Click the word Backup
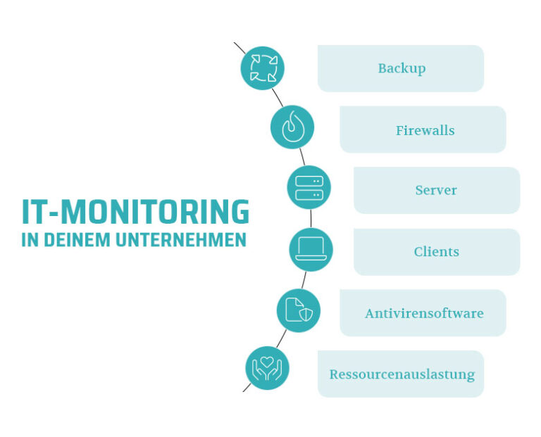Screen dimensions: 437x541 (402, 69)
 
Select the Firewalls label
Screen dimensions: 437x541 (425, 130)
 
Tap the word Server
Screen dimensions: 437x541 (436, 190)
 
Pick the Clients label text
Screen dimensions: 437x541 (436, 252)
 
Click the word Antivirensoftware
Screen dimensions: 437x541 (424, 313)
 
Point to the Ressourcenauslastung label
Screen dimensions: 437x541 (402, 374)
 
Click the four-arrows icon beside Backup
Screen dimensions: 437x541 (263, 68)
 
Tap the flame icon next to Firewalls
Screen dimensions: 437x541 (292, 127)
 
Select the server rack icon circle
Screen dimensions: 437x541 (309, 187)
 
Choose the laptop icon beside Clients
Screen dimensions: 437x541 (311, 249)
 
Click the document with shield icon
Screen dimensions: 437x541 (299, 310)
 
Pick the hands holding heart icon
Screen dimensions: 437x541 (267, 368)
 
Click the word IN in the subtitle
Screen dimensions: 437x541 (29, 240)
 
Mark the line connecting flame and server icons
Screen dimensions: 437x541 (301, 157)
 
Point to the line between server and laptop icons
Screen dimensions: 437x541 (310, 218)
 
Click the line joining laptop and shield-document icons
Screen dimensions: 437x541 (305, 280)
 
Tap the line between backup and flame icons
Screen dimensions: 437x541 (278, 97)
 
